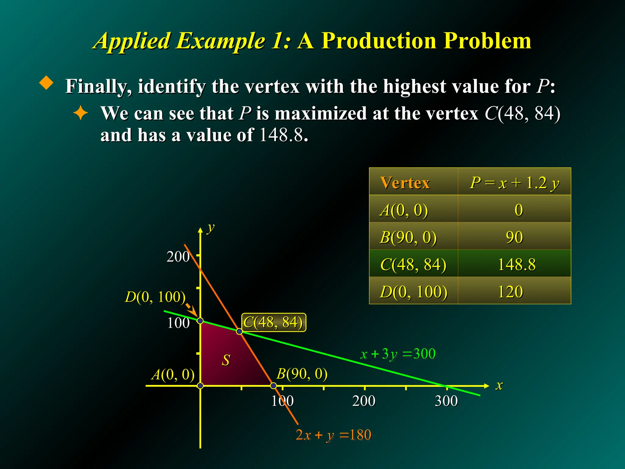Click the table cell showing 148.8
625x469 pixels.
click(516, 264)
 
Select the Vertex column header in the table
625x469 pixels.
click(405, 183)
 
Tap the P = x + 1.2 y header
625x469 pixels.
click(515, 183)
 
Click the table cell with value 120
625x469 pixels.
click(510, 292)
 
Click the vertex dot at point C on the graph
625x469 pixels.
click(240, 331)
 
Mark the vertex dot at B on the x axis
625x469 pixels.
click(274, 386)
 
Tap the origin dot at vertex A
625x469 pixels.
click(200, 386)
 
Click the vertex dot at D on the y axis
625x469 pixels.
click(200, 321)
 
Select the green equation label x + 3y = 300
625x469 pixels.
click(398, 354)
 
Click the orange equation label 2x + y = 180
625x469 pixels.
click(334, 435)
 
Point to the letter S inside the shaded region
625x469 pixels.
click(226, 360)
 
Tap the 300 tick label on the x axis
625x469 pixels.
click(446, 401)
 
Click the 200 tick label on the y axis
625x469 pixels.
click(178, 256)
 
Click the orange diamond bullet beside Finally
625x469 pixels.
click(46, 83)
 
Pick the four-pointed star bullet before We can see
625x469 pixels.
click(81, 113)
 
